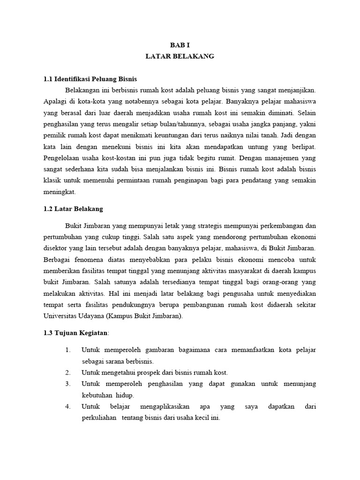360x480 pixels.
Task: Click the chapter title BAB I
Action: [180, 44]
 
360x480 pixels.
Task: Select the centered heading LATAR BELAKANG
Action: [180, 56]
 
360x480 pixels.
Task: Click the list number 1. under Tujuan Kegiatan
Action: [68, 350]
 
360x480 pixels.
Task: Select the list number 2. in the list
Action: [68, 373]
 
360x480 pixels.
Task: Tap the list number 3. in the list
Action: [68, 384]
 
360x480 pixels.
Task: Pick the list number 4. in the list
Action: [68, 406]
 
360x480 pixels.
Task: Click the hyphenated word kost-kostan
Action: [125, 158]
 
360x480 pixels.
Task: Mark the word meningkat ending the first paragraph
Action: [59, 192]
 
